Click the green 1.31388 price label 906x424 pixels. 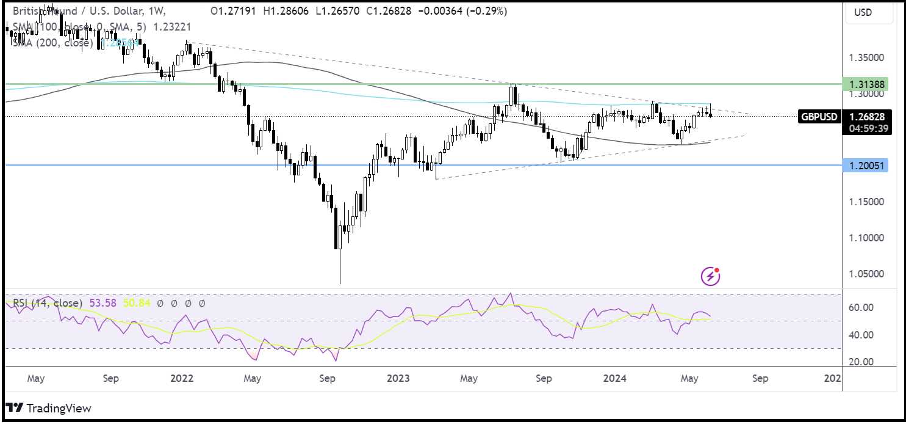pos(866,84)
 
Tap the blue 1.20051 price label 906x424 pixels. pos(866,166)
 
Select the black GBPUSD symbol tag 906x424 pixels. pos(819,117)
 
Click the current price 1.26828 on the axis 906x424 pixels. pos(866,116)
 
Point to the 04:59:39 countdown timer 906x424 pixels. pos(866,128)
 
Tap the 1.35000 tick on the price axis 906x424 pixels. pos(866,58)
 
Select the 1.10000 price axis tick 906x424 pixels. pos(866,238)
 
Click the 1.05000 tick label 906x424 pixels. pos(866,274)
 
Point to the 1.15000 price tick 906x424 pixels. pos(866,202)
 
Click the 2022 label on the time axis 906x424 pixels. pos(182,378)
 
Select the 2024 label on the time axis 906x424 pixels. pos(614,378)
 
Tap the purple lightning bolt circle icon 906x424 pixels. pos(710,277)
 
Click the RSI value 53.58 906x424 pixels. pos(102,303)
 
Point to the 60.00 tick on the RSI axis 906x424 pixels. pos(861,307)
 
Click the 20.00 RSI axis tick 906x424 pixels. pos(861,362)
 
